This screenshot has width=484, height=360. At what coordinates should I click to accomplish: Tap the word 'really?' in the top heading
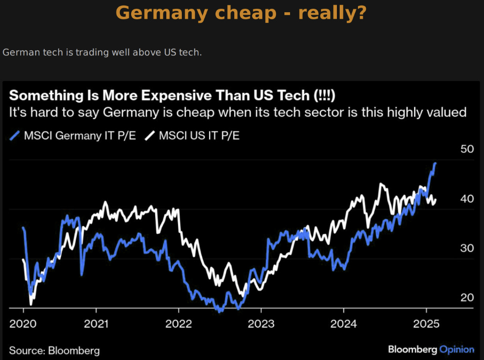pyautogui.click(x=332, y=13)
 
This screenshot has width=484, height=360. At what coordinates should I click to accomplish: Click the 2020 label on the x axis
pyautogui.click(x=23, y=323)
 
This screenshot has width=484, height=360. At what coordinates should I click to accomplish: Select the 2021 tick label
pyautogui.click(x=96, y=323)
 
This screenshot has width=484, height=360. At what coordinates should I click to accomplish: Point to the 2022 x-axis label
pyautogui.click(x=179, y=323)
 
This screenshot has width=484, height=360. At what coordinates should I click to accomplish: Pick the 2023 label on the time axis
pyautogui.click(x=261, y=323)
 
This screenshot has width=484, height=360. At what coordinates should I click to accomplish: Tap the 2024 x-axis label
pyautogui.click(x=343, y=323)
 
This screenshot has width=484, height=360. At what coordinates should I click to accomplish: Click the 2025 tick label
pyautogui.click(x=426, y=323)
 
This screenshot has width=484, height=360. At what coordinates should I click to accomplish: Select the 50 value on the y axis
pyautogui.click(x=467, y=149)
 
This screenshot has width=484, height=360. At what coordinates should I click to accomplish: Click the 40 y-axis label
pyautogui.click(x=467, y=199)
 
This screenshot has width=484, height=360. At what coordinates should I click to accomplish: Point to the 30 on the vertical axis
pyautogui.click(x=467, y=248)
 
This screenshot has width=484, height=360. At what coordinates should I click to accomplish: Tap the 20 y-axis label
pyautogui.click(x=467, y=298)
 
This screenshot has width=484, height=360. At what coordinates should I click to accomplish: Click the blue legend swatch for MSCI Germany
pyautogui.click(x=15, y=136)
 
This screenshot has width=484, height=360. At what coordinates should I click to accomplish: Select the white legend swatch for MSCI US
pyautogui.click(x=150, y=136)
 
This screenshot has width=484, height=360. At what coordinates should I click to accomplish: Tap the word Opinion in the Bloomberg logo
pyautogui.click(x=457, y=349)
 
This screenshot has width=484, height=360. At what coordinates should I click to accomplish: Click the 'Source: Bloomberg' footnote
pyautogui.click(x=54, y=350)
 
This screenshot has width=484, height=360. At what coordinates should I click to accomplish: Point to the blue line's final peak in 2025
pyautogui.click(x=435, y=163)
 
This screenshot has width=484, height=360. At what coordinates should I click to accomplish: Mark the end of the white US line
pyautogui.click(x=436, y=200)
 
